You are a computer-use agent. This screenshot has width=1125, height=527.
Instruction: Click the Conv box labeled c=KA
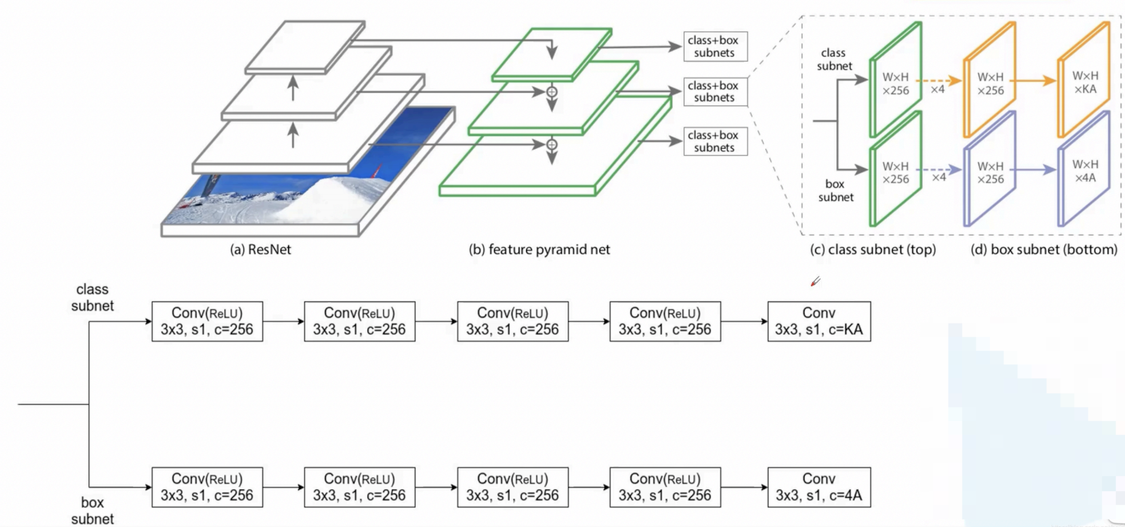coord(819,321)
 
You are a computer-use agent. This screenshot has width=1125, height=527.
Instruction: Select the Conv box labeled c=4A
coord(819,487)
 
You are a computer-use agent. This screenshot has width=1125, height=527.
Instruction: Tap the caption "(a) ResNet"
coord(260,250)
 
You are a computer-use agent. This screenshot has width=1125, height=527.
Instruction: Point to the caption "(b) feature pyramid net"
coord(539,250)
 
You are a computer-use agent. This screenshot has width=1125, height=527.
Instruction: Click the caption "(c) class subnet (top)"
coord(872,250)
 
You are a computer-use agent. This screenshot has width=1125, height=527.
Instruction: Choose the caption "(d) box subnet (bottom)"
coord(1044,250)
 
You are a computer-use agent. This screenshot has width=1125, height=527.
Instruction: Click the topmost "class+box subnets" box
coord(715,47)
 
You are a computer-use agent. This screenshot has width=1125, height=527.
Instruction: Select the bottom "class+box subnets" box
coord(715,141)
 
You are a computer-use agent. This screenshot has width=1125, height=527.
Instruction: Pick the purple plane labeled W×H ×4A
coord(1084,170)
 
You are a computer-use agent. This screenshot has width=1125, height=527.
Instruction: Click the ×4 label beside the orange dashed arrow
coord(938,90)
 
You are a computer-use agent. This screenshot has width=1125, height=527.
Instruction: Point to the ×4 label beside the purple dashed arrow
coord(939,178)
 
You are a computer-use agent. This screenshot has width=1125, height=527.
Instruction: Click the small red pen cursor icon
coord(815,281)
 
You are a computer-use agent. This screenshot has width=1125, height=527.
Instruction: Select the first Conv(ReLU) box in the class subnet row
coord(207,321)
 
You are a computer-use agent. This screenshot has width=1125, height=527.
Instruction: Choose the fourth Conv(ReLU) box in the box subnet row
coord(665,487)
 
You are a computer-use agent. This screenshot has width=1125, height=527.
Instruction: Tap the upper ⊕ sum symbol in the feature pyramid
coord(552,92)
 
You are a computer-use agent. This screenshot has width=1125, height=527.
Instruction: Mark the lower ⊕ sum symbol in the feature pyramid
coord(552,145)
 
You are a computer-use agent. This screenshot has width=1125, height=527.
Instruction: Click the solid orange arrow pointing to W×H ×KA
coord(1036,81)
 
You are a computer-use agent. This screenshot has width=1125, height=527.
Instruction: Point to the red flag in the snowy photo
coord(379,171)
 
